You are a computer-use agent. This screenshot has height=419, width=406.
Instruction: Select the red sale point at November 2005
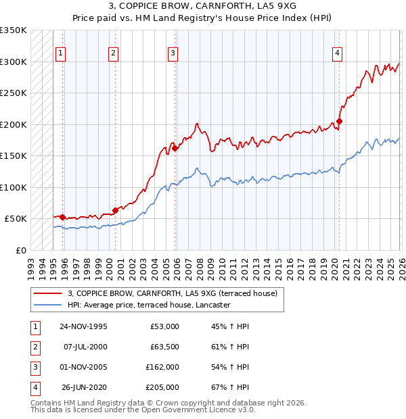[x=175, y=149]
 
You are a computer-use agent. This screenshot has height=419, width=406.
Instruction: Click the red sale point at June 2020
[x=339, y=122]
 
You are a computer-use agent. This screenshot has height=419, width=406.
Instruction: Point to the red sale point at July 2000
[x=115, y=210]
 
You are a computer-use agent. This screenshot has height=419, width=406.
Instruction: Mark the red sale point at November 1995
[x=63, y=217]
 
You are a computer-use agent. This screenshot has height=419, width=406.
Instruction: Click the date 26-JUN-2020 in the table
[x=85, y=387]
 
